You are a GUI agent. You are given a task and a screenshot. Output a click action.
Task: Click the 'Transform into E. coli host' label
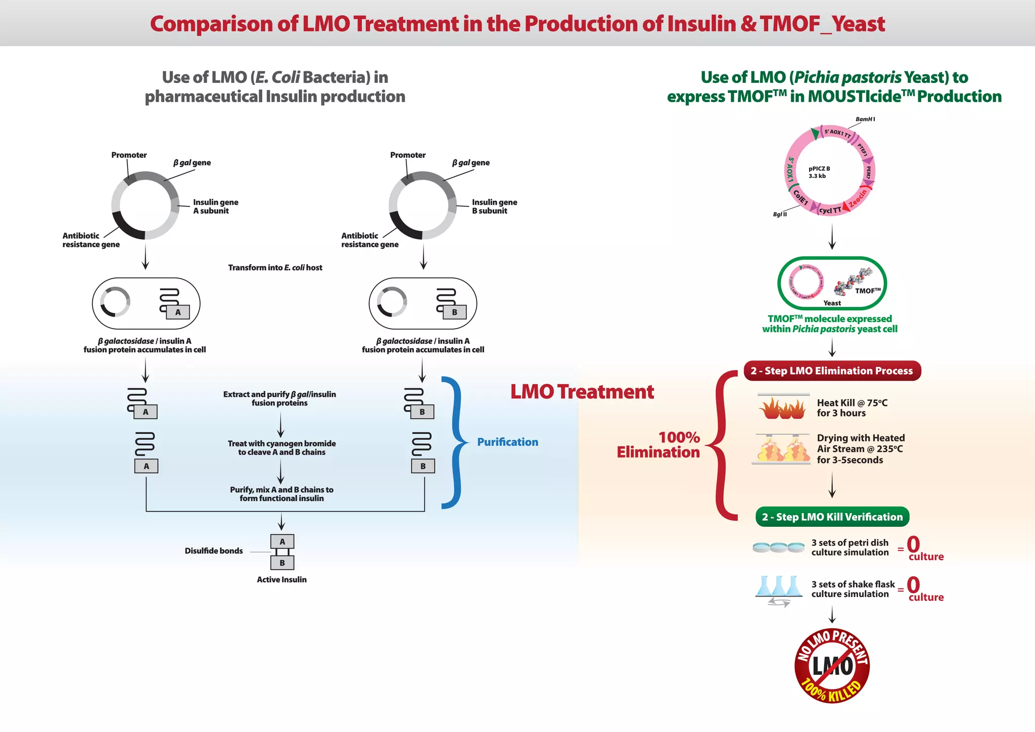click(275, 267)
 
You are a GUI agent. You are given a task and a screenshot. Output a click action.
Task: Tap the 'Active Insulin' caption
click(281, 579)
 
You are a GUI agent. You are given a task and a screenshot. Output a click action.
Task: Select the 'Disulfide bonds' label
click(213, 551)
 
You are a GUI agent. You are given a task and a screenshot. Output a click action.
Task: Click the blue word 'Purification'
click(507, 442)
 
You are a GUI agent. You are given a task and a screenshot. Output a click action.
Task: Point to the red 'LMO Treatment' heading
click(582, 392)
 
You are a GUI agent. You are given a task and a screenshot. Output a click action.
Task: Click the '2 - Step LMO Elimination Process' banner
click(832, 371)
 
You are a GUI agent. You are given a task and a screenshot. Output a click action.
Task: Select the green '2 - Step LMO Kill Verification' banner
click(832, 517)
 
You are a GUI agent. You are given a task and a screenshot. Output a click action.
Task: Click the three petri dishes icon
click(778, 547)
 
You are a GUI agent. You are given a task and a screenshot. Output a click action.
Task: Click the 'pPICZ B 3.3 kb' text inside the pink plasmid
click(819, 172)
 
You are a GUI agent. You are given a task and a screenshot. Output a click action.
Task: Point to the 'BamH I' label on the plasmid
click(865, 119)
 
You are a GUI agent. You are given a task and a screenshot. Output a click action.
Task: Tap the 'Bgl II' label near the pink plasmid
click(780, 214)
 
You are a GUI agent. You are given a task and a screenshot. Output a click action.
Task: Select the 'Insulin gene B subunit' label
click(494, 206)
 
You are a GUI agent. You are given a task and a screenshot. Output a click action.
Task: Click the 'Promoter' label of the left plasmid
click(129, 155)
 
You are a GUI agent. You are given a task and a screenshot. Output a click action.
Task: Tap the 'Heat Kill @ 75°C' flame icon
click(782, 407)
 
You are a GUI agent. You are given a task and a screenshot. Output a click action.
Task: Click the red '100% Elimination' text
click(658, 444)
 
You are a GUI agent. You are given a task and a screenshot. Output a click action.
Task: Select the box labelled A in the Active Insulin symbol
click(282, 541)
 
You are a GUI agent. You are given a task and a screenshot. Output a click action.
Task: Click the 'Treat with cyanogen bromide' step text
click(281, 447)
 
